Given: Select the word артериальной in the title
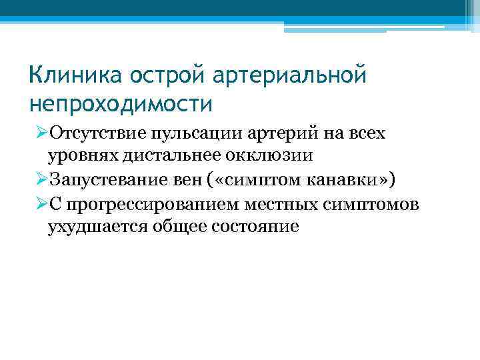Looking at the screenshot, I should coord(290,75).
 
